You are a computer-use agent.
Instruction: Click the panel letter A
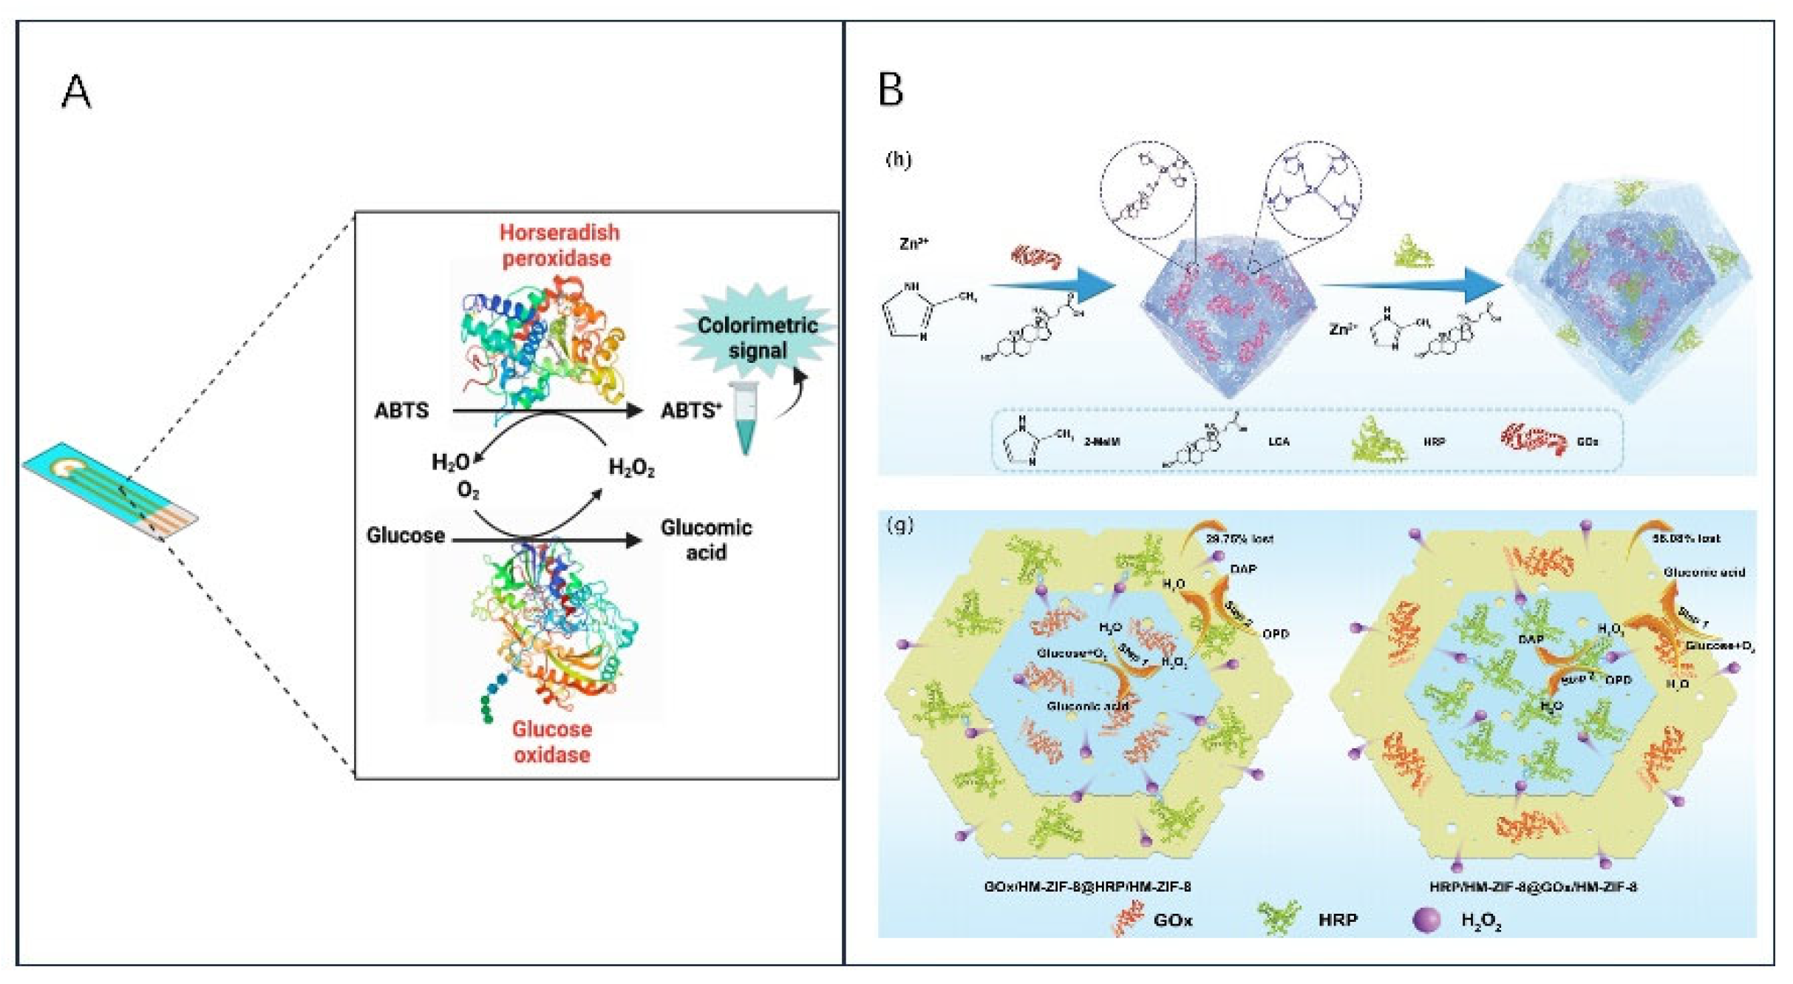click(x=76, y=92)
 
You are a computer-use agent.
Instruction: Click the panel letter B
click(x=890, y=90)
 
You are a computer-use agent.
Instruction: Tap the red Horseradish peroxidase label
click(x=559, y=245)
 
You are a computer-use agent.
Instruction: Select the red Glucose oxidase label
click(x=552, y=742)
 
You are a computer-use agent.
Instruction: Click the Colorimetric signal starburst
click(x=757, y=337)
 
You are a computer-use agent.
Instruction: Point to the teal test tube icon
click(x=744, y=418)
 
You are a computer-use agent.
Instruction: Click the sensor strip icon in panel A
click(x=109, y=491)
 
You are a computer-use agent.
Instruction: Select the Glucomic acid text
click(x=706, y=540)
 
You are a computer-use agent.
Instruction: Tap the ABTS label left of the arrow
click(x=401, y=410)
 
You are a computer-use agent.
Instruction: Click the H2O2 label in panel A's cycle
click(x=631, y=467)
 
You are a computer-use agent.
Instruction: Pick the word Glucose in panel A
click(x=405, y=535)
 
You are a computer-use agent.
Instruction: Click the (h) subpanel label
click(x=898, y=159)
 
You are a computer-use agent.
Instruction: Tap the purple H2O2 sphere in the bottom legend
click(x=1426, y=920)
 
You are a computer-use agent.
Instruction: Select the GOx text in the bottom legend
click(x=1172, y=920)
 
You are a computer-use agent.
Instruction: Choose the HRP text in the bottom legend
click(x=1337, y=920)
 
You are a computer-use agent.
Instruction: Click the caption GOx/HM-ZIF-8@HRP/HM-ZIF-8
click(x=1087, y=886)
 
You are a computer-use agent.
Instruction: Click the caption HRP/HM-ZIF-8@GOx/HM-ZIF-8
click(x=1533, y=886)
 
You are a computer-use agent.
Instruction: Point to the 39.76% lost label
click(x=1239, y=539)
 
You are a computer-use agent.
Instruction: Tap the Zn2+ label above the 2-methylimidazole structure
click(x=913, y=243)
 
